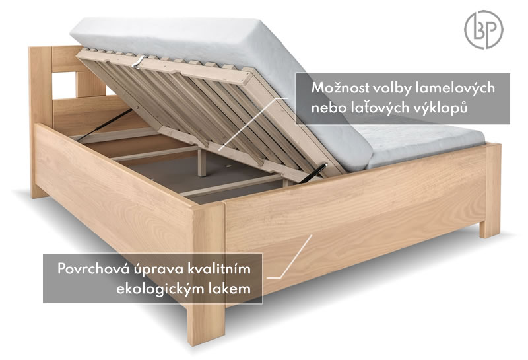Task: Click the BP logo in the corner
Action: pos(484,29)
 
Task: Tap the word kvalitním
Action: pos(219,269)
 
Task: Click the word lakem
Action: pos(229,289)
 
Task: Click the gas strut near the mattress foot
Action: pos(313,173)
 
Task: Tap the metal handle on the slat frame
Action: pos(138,62)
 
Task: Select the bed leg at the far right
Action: pos(490,190)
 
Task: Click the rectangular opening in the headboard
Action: pos(65,86)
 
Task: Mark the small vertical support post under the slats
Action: pos(202,162)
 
